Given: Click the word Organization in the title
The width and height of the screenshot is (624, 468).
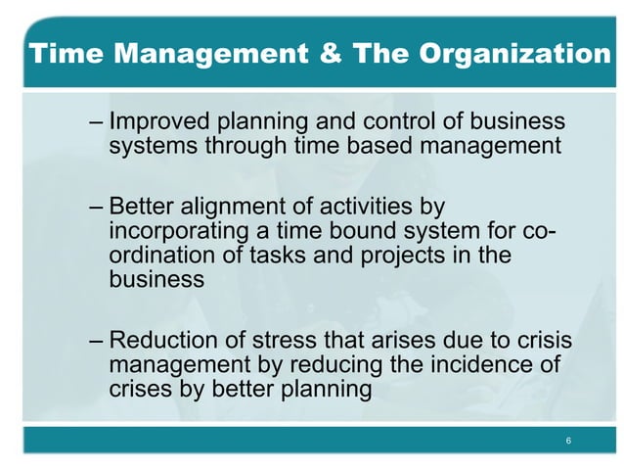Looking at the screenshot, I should point(515,54).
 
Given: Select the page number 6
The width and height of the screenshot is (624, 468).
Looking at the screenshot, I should point(568,442).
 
